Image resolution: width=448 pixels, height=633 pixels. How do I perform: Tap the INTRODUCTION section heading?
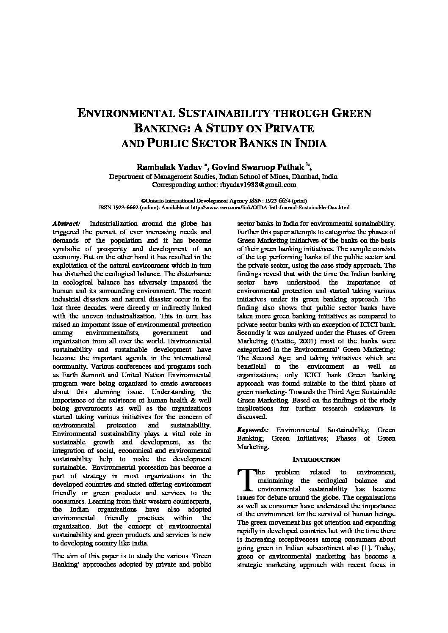[316, 459]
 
